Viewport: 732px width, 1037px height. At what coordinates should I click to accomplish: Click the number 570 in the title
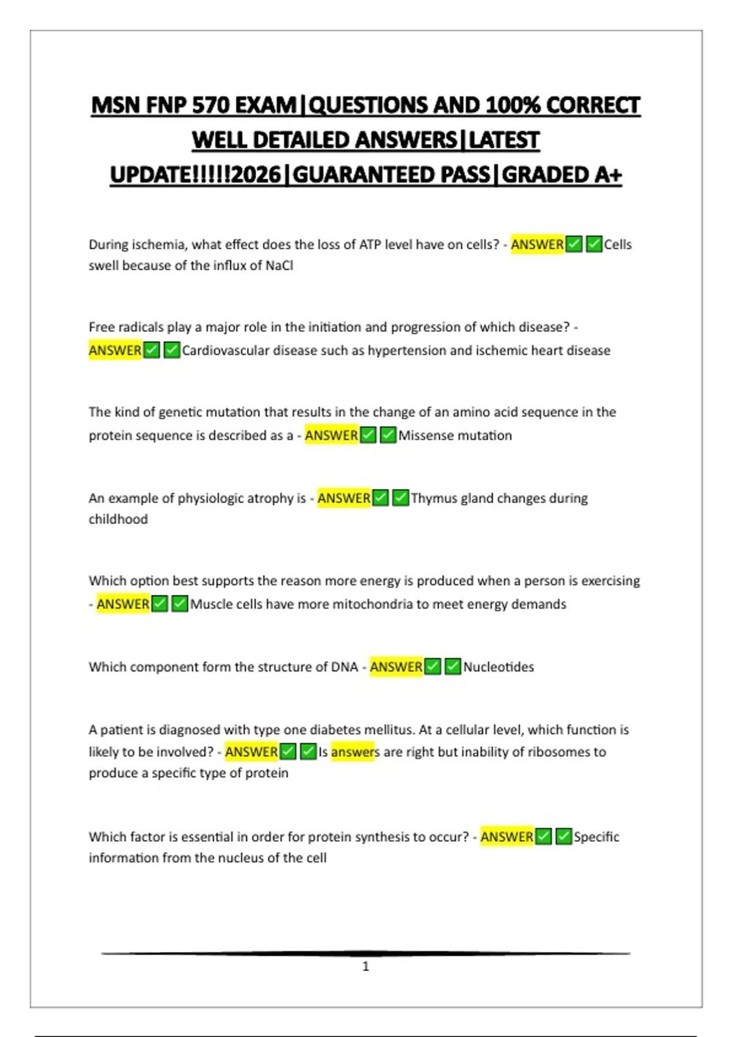pyautogui.click(x=211, y=106)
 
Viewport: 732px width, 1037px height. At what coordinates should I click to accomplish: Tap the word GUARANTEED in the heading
pyautogui.click(x=391, y=175)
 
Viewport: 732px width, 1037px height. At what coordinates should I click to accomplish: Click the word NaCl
pyautogui.click(x=279, y=266)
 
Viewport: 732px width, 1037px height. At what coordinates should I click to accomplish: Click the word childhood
pyautogui.click(x=118, y=519)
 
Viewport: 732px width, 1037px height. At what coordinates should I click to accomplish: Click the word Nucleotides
pyautogui.click(x=498, y=667)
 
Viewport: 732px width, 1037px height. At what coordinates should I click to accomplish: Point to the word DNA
pyautogui.click(x=345, y=667)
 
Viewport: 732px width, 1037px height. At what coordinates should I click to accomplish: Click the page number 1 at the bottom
pyautogui.click(x=366, y=966)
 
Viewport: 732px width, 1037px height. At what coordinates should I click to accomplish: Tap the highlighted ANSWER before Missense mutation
pyautogui.click(x=331, y=436)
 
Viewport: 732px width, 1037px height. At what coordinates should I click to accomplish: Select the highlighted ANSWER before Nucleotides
pyautogui.click(x=396, y=667)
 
